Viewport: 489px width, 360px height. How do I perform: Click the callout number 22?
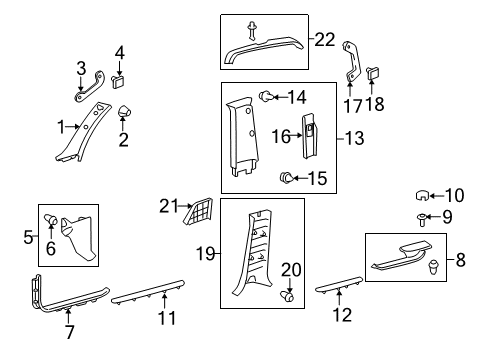click(x=325, y=40)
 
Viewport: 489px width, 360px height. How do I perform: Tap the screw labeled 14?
click(x=268, y=96)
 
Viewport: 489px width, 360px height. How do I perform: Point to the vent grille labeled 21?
click(x=200, y=213)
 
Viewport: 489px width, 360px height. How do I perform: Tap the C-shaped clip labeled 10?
click(x=423, y=196)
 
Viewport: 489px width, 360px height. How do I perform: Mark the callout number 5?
click(x=30, y=237)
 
